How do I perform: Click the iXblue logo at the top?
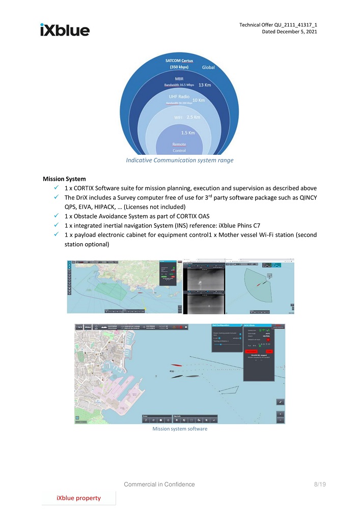point(65,30)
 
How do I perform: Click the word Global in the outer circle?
point(209,67)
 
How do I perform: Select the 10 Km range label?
point(198,100)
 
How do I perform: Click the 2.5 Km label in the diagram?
point(193,117)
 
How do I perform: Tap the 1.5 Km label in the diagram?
point(188,133)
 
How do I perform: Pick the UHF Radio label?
point(179,95)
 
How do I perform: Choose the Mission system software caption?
point(180,429)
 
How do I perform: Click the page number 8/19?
point(319,484)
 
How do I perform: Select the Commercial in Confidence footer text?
point(160,484)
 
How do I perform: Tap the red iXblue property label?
point(78,498)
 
